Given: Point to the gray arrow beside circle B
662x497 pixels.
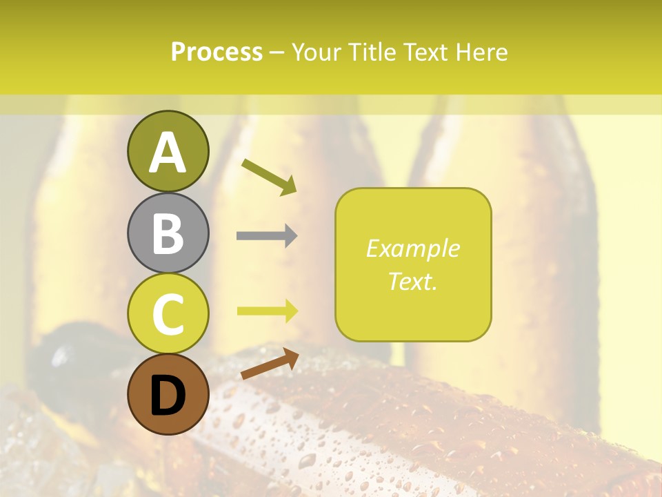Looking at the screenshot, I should click(x=267, y=235).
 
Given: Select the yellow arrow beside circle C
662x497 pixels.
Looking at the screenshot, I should click(x=267, y=311).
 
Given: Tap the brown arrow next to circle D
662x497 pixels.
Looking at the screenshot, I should click(x=270, y=364).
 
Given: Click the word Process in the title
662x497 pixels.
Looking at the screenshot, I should click(x=217, y=52).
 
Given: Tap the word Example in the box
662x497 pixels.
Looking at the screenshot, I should click(x=412, y=248).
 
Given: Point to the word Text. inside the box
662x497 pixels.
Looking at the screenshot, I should click(x=412, y=281).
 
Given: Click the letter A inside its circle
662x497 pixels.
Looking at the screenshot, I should click(x=168, y=153).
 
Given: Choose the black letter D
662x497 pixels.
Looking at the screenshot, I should click(x=168, y=396).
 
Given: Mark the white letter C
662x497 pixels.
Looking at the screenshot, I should click(x=168, y=313).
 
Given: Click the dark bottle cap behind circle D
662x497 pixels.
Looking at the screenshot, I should click(x=66, y=352).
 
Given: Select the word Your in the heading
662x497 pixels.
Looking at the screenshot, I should click(x=319, y=52).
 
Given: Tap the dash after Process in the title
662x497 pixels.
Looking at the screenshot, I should click(x=277, y=52).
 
